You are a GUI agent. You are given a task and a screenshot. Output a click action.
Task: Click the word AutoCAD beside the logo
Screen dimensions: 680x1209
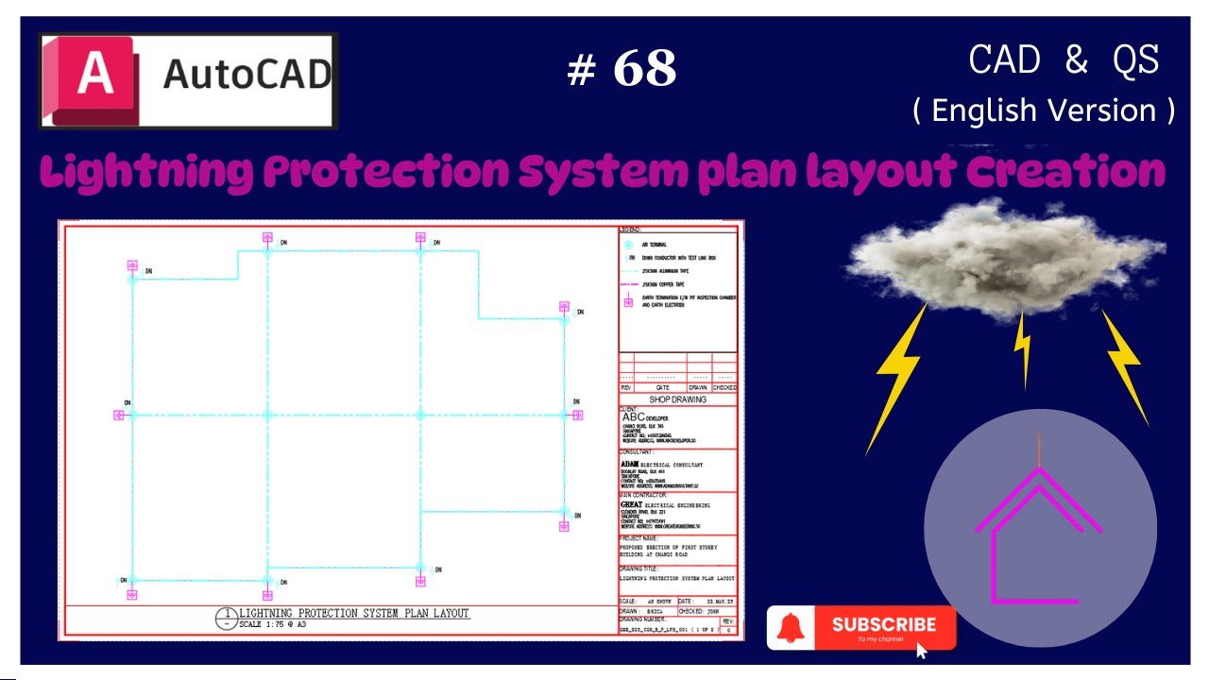pos(247,74)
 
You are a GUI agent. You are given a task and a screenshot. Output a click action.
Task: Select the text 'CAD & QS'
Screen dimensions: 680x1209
pos(1064,60)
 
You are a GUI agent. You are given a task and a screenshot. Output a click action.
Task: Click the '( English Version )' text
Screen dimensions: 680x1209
pos(1044,110)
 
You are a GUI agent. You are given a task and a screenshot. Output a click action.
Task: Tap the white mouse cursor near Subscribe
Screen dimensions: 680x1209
pos(922,651)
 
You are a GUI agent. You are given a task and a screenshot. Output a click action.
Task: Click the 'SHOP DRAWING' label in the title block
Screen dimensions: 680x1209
pos(677,399)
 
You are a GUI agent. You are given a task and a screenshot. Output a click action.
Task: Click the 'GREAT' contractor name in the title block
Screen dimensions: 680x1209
pos(631,504)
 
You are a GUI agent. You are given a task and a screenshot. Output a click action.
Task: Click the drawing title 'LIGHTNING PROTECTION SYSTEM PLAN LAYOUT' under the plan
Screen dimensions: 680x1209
pos(353,613)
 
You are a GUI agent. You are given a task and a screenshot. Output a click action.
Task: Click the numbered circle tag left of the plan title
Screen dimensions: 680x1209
pos(226,619)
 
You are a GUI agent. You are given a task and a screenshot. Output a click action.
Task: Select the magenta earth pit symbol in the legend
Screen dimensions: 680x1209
pos(629,301)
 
